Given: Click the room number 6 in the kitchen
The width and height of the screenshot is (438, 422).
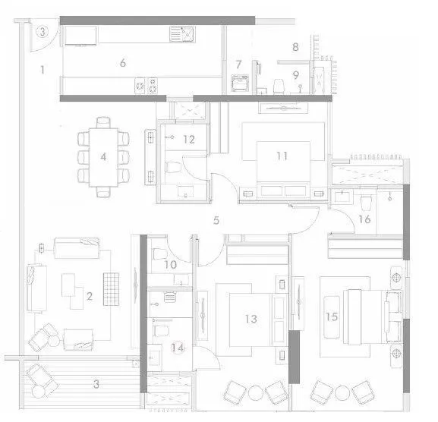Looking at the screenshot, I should coord(122,63).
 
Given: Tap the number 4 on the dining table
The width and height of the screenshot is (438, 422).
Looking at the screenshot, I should coord(104,157).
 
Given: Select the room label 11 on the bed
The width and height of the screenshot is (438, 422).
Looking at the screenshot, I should coord(282,156).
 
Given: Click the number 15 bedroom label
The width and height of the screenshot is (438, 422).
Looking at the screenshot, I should coord(331,316).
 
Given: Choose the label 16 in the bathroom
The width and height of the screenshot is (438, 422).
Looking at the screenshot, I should coord(364,219).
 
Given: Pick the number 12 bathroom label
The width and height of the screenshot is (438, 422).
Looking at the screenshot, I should coord(188,139).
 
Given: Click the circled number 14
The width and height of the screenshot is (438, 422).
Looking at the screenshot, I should coord(178,348).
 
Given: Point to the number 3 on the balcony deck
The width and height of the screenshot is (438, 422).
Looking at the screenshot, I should coord(95,383).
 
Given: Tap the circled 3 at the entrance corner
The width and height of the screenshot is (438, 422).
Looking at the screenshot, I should coord(43,32).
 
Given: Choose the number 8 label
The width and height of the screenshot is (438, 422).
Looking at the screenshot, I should coord(295,47).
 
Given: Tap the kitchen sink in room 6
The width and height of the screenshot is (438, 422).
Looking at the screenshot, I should coord(182,35).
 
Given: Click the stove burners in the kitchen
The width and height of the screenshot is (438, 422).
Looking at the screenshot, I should coord(147,85).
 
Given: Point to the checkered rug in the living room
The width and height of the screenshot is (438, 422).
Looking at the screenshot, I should coord(110,290).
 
